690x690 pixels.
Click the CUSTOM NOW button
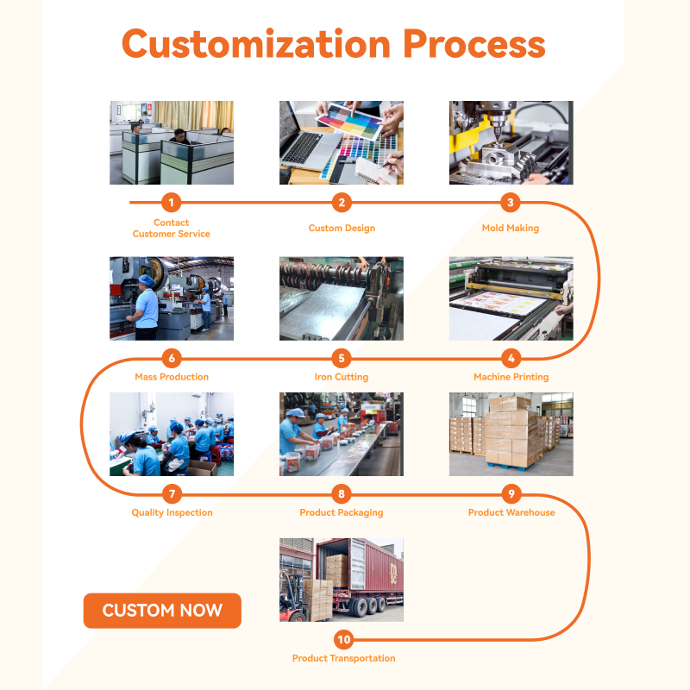pos(162,611)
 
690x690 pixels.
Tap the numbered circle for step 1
pos(171,203)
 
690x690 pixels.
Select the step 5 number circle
pos(342,358)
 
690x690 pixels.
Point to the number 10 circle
pos(343,639)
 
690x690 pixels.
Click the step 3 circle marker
pos(511,203)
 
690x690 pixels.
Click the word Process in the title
pos(474,44)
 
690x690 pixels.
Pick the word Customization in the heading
pos(256,43)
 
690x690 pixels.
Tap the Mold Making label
pos(511,228)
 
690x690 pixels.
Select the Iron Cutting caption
pos(342,377)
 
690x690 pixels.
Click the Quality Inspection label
pos(172,512)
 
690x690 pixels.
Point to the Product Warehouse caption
pos(511,512)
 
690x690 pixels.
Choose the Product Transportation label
pos(343,658)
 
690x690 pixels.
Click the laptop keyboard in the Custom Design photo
pos(304,147)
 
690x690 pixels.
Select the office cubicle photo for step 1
pos(172,142)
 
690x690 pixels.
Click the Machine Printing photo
pos(511,298)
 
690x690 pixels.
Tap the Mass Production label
pos(172,377)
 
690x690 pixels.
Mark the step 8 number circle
pos(342,493)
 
